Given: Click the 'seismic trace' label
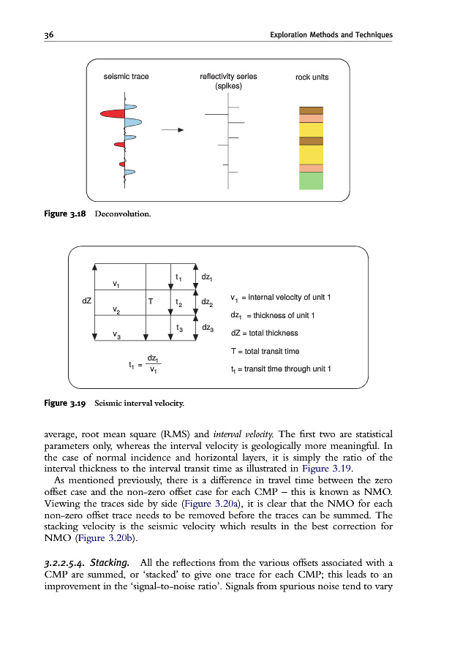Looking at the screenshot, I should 127,77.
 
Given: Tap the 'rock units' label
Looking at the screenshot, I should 312,77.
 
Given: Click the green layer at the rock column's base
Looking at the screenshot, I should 311,181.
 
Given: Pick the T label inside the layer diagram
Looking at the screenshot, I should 151,300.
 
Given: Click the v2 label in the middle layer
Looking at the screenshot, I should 116,310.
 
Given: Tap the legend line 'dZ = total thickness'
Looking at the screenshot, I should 264,333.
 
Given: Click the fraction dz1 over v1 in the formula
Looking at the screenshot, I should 153,363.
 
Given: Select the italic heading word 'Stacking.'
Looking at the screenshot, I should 111,561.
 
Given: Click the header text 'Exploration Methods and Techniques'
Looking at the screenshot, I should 331,35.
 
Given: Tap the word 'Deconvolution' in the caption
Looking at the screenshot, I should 124,213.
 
